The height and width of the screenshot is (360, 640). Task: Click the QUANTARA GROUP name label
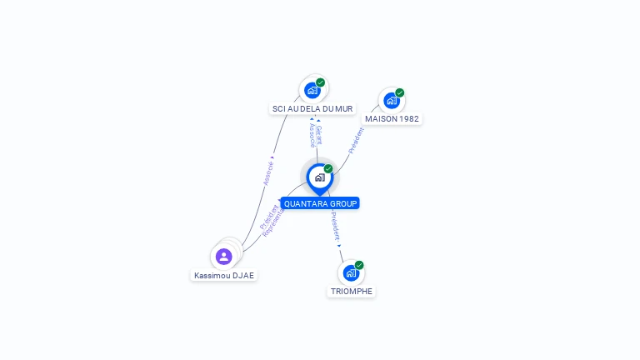pos(320,203)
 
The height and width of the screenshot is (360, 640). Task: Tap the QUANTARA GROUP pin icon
pos(319,177)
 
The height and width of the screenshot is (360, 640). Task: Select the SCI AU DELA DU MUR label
pos(312,108)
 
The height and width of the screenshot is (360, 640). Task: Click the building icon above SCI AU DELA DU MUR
pos(312,90)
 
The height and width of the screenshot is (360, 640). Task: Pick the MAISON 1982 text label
pos(392,118)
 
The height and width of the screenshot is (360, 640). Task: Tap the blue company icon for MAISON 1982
pos(391,101)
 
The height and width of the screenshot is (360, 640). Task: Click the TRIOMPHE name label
pos(351,291)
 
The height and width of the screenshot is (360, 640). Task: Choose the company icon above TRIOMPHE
pos(351,273)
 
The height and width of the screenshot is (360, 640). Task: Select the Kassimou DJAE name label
pos(224,275)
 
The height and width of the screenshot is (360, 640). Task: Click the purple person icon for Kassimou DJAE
pos(223,256)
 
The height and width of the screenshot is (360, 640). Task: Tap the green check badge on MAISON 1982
pos(400,92)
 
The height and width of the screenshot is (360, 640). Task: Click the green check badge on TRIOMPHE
pos(359,265)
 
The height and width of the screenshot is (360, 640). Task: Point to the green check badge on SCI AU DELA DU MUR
pos(321,82)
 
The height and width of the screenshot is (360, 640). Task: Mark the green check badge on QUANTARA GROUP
pos(328,168)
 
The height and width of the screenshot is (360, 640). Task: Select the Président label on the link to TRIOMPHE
pos(335,227)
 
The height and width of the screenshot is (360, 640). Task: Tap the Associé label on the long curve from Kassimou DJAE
pos(268,172)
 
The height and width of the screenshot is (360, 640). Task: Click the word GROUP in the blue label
pos(342,203)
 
